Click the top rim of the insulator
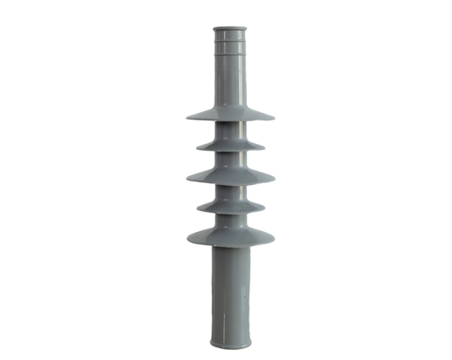coord(230,30)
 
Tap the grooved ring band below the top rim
coord(230,46)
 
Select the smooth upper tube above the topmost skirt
coord(230,80)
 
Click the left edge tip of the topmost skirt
coord(188,116)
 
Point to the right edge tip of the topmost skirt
coord(273,116)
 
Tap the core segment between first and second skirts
coord(230,131)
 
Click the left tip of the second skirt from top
coord(198,147)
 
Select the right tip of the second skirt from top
coord(264,147)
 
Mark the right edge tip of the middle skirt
coord(274,177)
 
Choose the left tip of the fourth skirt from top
coord(198,208)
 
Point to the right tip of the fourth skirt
coord(264,208)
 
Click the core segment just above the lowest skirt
coord(230,221)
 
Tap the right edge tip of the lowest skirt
coord(273,239)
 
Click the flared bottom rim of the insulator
coord(230,343)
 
